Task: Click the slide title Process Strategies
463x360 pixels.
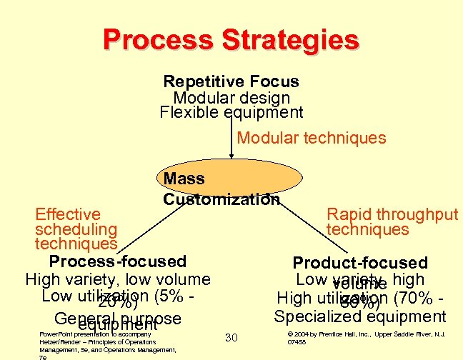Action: pos(231,39)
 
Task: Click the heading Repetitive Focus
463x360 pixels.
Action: pos(231,82)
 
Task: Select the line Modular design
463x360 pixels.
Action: pos(231,98)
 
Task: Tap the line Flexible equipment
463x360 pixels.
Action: pos(231,112)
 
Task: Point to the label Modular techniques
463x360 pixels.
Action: pos(311,138)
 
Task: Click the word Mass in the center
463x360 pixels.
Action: pos(184,179)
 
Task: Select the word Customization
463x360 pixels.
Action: pos(221,199)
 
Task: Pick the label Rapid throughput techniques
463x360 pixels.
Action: pos(392,221)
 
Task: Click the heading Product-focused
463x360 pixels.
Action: pos(360,264)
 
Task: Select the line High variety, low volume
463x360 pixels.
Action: pos(118,279)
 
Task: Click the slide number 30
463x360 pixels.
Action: pos(231,337)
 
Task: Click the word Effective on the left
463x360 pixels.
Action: pos(68,214)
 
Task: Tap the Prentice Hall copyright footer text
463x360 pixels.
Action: pos(366,337)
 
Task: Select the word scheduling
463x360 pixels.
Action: pos(76,229)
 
